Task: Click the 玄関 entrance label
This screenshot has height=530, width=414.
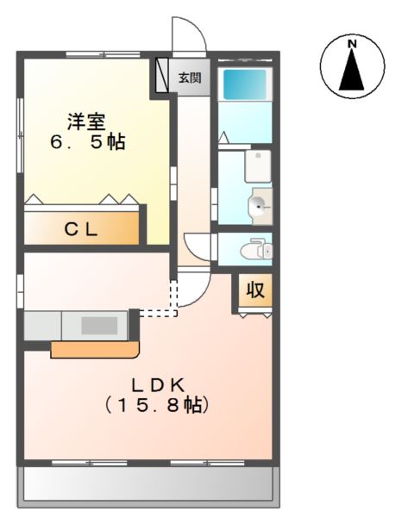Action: click(x=190, y=78)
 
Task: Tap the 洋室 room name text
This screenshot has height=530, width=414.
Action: click(x=86, y=122)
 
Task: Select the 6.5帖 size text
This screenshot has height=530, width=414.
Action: click(x=88, y=142)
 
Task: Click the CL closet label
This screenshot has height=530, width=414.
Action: click(x=81, y=230)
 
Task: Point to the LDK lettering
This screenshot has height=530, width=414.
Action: click(x=158, y=386)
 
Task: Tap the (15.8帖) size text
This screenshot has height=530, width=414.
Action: click(x=156, y=404)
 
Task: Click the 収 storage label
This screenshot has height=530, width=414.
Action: click(x=255, y=290)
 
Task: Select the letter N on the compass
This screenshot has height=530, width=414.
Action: click(x=353, y=44)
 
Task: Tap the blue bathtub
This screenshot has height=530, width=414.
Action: click(x=244, y=84)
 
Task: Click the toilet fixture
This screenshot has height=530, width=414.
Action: click(x=256, y=249)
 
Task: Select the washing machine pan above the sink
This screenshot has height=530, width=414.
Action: click(x=258, y=166)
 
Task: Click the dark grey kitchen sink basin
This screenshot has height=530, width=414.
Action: click(x=99, y=326)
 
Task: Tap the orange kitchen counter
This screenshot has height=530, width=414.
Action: click(x=95, y=350)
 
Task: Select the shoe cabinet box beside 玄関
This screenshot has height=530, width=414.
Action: click(x=161, y=75)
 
